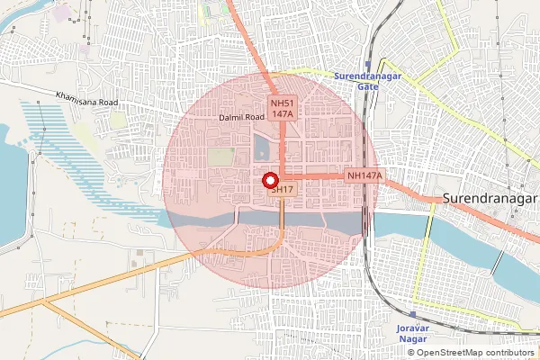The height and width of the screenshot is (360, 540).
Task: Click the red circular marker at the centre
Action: pos(271,180)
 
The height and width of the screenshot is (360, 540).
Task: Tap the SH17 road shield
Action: pos(282,190)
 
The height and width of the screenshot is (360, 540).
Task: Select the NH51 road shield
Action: pos(281,104)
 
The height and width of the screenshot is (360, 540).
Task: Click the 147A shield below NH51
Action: pos(281,116)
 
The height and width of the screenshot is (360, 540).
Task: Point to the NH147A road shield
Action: pos(364,175)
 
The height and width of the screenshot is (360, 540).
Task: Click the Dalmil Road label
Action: pos(241,118)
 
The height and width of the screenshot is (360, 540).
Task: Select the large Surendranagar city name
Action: pos(490,197)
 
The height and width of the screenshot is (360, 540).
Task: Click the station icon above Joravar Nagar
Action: pos(413,315)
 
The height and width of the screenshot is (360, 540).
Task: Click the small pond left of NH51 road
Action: pos(262,147)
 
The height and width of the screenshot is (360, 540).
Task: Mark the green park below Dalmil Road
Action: pos(220,157)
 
